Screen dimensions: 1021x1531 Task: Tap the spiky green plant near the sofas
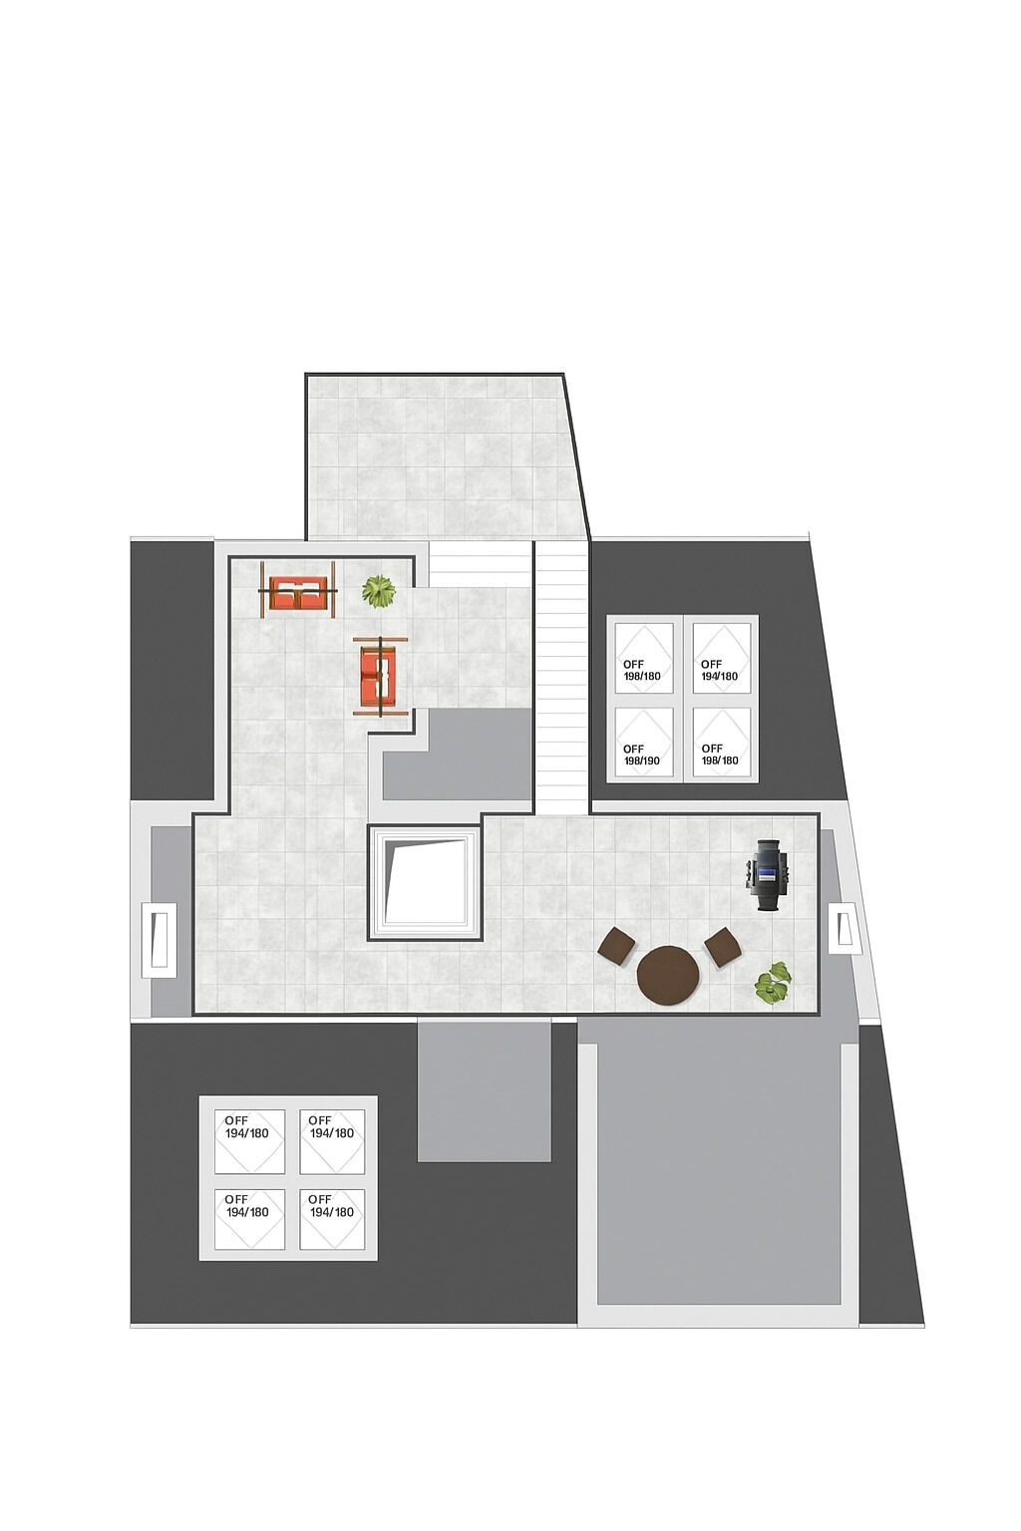(x=378, y=590)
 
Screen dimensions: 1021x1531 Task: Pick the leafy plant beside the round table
(x=773, y=983)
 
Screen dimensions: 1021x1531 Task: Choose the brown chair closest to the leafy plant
(x=723, y=947)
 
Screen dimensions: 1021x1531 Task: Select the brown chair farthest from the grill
(x=617, y=946)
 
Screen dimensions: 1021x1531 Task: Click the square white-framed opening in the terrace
(x=425, y=882)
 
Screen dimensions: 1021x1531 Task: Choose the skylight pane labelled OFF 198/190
(x=643, y=742)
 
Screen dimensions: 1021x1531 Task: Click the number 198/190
(x=641, y=761)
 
